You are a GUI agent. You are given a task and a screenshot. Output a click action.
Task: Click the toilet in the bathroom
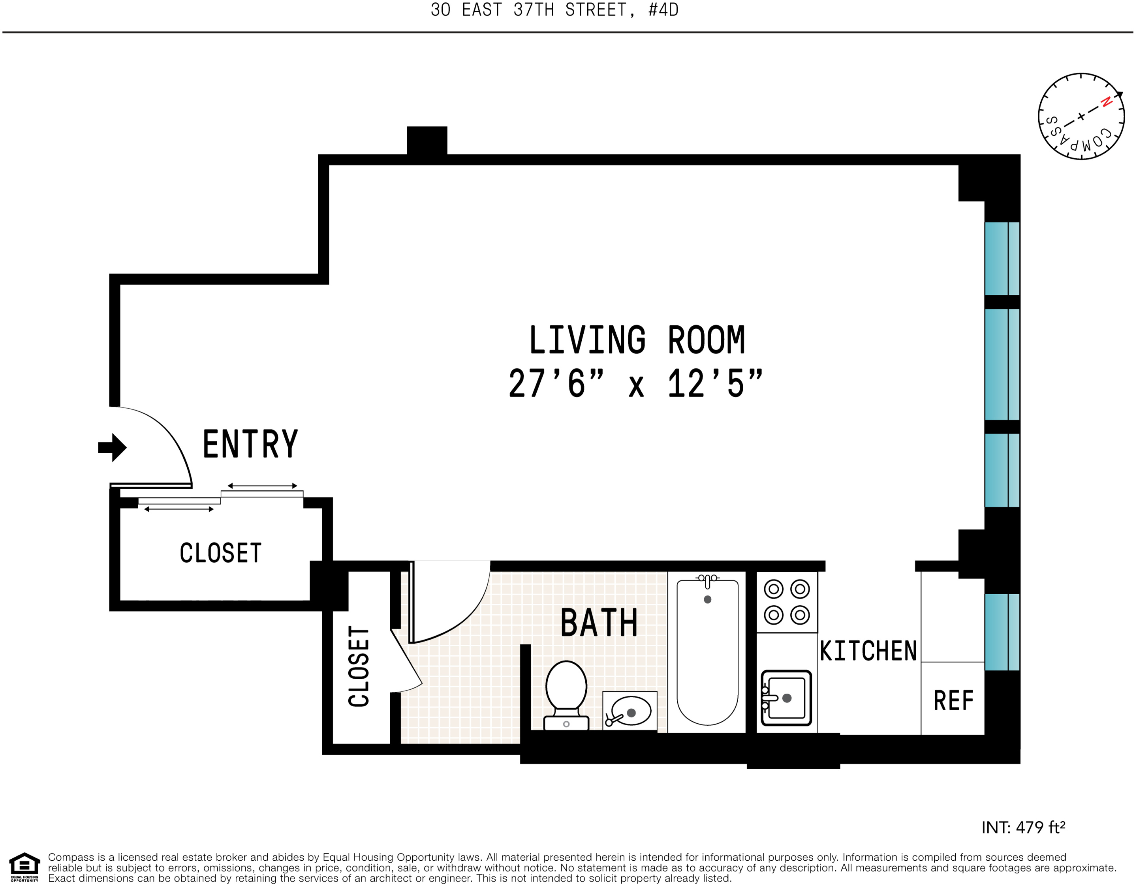[x=566, y=695]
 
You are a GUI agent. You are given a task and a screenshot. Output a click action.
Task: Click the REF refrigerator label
[x=953, y=700]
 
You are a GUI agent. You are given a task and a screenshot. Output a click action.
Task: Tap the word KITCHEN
[x=868, y=651]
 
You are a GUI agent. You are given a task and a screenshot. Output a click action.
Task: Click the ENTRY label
[x=250, y=444]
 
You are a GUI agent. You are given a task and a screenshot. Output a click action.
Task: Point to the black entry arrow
[x=112, y=447]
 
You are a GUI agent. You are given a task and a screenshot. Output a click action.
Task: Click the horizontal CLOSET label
[x=220, y=553]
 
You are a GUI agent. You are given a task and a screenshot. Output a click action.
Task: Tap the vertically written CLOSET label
[x=359, y=666]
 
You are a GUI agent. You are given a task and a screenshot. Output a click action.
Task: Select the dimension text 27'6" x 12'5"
[x=635, y=384]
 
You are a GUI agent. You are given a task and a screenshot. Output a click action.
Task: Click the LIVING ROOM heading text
[x=637, y=340]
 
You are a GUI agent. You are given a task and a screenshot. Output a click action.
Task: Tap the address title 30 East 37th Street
[x=554, y=10]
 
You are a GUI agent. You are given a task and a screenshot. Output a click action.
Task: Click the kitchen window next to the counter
[x=1002, y=632]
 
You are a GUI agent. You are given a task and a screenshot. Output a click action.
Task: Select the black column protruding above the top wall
[x=427, y=140]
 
